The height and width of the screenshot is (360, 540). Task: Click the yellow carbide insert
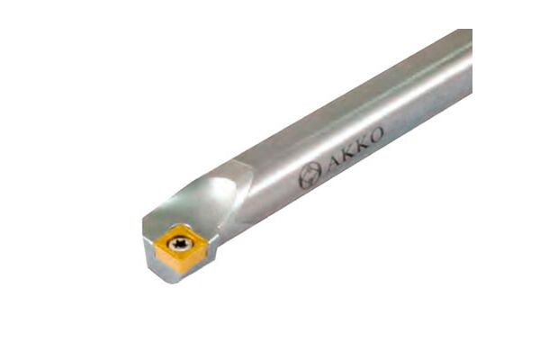coord(180,247)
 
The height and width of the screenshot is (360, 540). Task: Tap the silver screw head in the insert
coord(180,244)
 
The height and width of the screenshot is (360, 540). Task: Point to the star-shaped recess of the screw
coord(180,244)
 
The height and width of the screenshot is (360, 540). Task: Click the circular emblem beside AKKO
coord(310,175)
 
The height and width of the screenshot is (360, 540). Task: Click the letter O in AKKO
coord(375,134)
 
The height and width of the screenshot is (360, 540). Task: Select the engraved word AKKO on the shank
coord(355,149)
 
